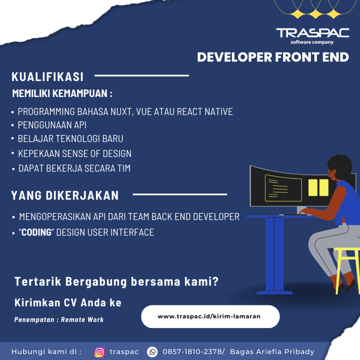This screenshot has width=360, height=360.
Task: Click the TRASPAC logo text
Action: point(313,33)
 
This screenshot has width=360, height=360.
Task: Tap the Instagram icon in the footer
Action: point(99,352)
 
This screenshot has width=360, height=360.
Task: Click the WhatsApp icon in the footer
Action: point(152,352)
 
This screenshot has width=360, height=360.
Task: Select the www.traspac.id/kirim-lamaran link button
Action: point(210,316)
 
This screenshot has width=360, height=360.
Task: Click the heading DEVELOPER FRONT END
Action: point(273,57)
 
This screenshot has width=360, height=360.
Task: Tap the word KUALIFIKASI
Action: point(47,77)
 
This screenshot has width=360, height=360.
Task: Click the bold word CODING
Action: point(37,232)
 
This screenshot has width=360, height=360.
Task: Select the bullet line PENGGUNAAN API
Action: point(52,125)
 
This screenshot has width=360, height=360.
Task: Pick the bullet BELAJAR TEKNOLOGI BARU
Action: point(70,139)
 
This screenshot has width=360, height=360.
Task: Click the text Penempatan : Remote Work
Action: point(59,320)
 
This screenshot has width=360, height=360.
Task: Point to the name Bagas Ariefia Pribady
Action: point(272,352)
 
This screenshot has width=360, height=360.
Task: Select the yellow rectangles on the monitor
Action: point(318,187)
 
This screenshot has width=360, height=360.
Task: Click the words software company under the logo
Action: point(312,42)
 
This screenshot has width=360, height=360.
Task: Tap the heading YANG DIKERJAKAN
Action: point(65,195)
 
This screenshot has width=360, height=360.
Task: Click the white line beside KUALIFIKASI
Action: point(142,76)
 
